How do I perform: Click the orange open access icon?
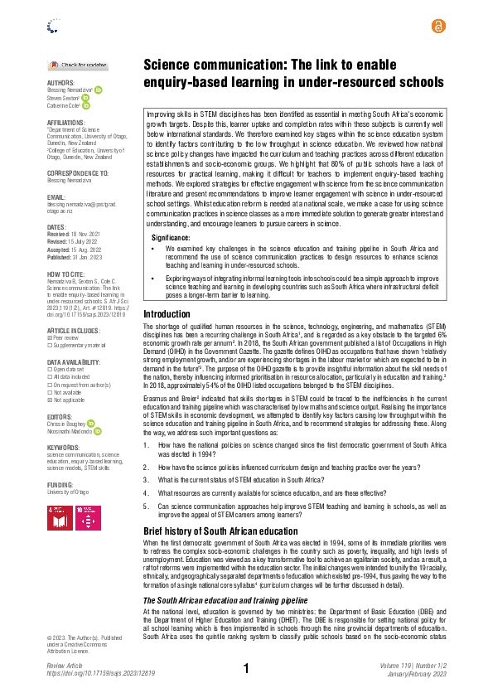pos(438,27)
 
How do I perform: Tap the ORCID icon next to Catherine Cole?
pos(86,105)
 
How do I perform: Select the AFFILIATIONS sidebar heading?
pos(66,122)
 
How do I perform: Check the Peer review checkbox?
pos(49,337)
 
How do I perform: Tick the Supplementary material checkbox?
pos(49,345)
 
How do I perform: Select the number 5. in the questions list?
pos(147,506)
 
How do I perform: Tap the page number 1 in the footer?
pos(246,669)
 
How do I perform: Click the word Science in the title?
pos(171,64)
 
